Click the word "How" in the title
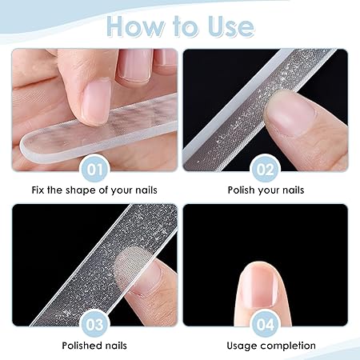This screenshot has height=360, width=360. point(135,26)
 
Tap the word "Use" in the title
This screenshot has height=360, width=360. point(231,26)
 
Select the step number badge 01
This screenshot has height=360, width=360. point(94,169)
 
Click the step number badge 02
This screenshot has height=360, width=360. point(266,169)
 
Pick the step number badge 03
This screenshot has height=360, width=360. point(94,324)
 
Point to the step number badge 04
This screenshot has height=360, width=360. point(266,324)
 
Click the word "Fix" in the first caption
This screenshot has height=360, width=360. point(38,190)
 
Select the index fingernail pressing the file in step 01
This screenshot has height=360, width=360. point(97,102)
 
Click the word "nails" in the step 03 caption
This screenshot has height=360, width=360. point(116,346)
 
